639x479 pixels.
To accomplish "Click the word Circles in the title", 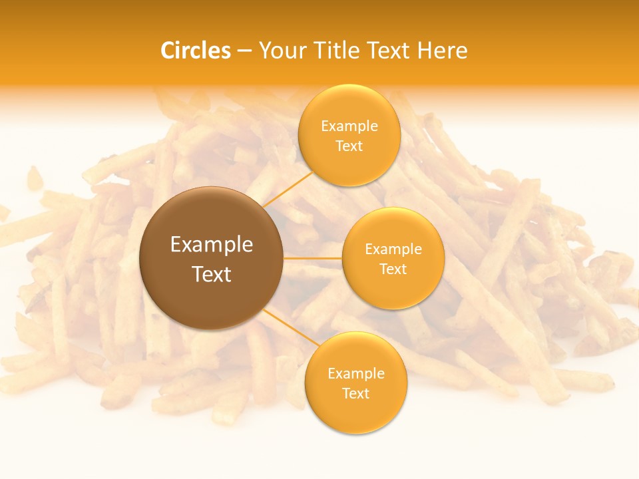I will [196, 51].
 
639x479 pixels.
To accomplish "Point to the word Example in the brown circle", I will [212, 245].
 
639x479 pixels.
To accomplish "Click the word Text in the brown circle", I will [212, 273].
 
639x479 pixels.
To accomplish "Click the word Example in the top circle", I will [349, 126].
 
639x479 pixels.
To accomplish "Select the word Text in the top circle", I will [349, 146].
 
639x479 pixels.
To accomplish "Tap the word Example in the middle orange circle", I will [393, 249].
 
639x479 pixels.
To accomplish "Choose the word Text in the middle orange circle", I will [393, 269].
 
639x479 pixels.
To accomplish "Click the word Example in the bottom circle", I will [355, 374].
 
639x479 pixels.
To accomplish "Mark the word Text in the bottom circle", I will [355, 393].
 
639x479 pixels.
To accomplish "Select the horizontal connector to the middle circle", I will [312, 257].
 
